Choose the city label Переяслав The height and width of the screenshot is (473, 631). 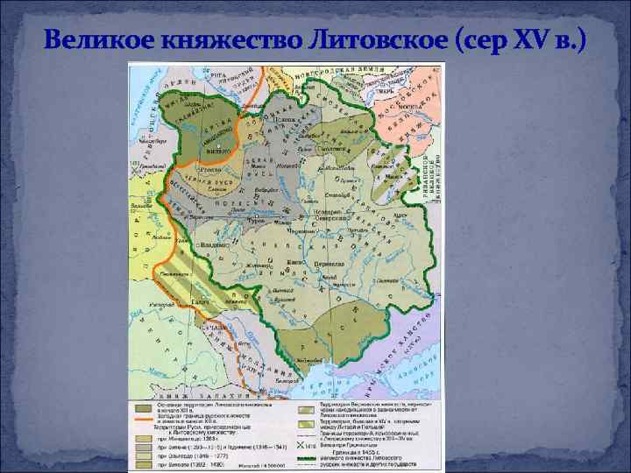point(327,263)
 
